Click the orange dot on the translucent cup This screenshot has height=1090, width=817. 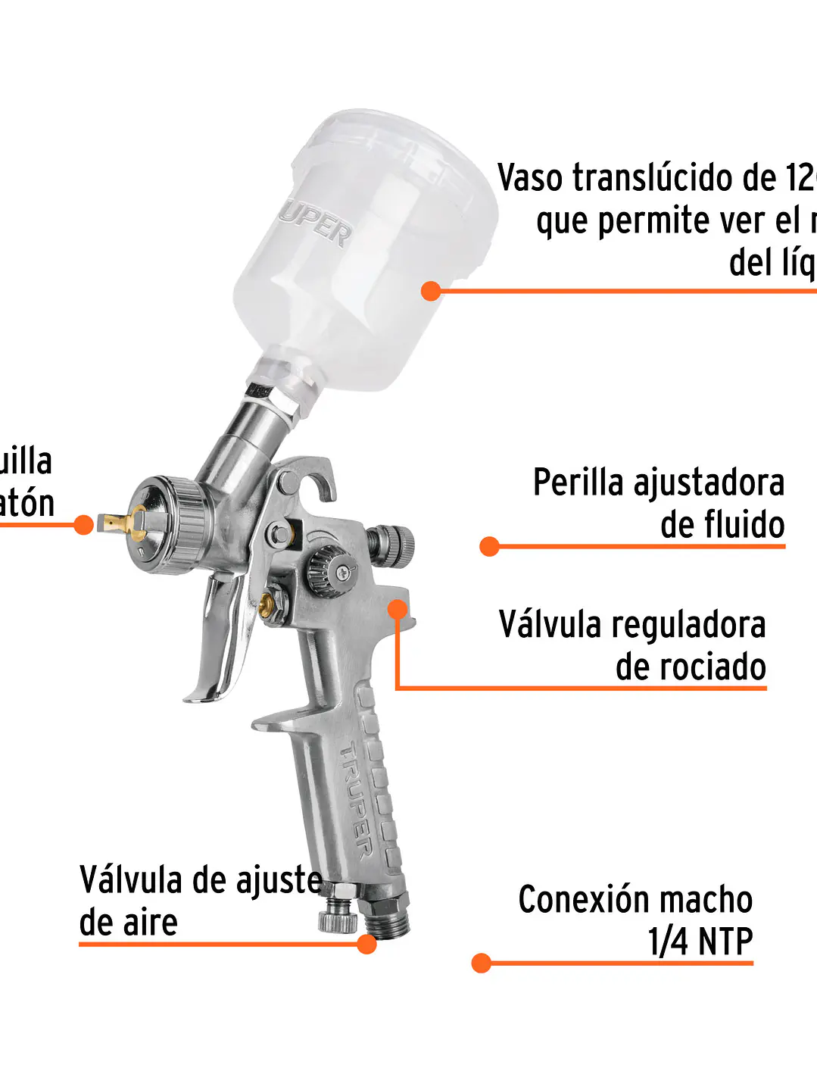coord(431,291)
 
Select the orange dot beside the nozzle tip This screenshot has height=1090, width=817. coord(84,524)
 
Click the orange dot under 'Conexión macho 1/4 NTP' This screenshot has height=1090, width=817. coord(482,963)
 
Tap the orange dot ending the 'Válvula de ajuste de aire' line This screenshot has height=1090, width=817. coord(366,944)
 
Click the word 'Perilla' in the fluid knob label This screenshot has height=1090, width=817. coord(578,483)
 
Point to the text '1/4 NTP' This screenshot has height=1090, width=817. coord(700,942)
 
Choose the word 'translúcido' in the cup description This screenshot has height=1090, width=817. coord(653,178)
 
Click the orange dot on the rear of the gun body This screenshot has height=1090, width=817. coord(398,610)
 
